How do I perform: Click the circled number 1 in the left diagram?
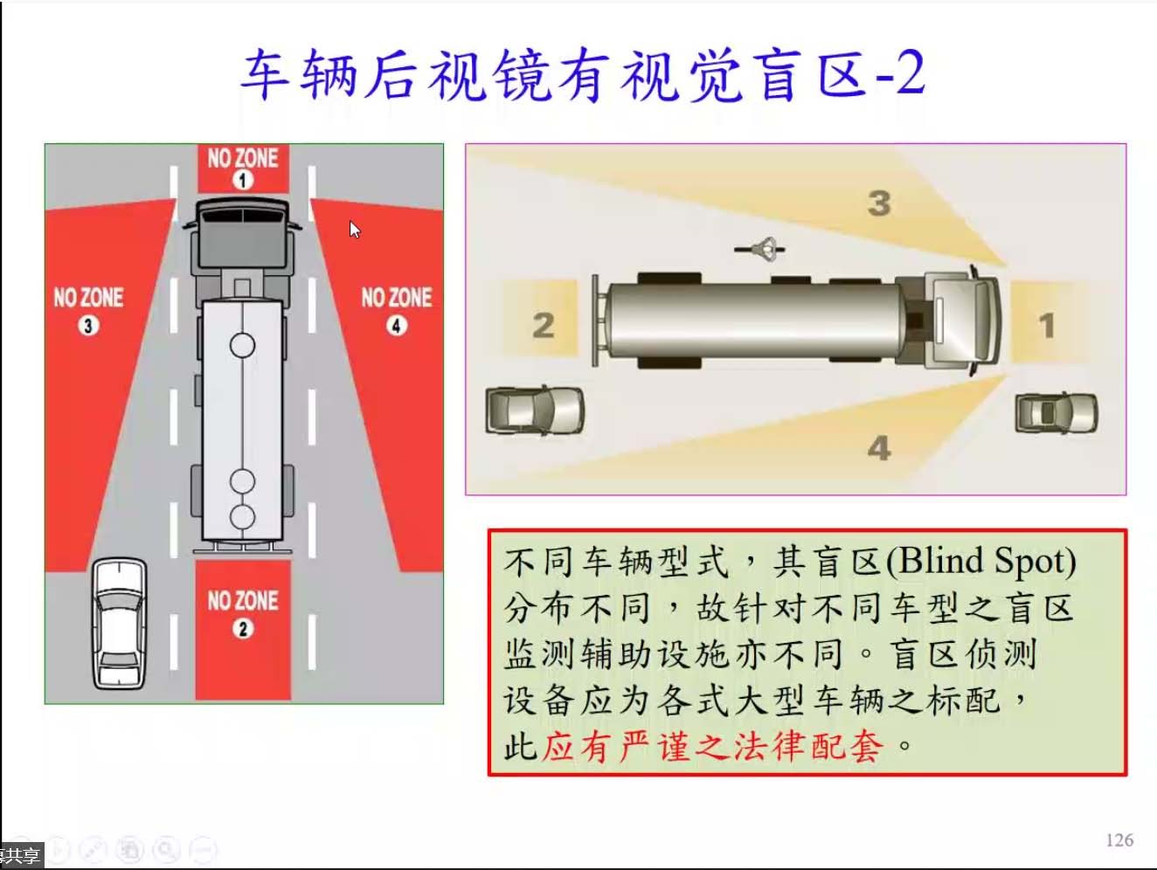243,180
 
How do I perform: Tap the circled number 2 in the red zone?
243,628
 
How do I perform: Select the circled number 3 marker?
88,326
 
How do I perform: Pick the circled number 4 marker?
397,326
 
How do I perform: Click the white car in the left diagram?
119,624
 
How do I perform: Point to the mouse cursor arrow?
355,230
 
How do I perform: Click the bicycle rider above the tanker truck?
760,249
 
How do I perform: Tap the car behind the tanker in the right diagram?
535,411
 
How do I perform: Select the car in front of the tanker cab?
1057,412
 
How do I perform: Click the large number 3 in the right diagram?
879,204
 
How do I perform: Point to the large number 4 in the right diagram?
879,448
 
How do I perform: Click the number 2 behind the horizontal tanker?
544,325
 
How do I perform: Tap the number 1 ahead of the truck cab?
1047,325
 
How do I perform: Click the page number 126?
1119,839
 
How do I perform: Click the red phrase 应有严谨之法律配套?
712,747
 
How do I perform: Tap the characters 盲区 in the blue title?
808,75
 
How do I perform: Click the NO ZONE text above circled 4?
397,298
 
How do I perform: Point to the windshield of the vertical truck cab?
243,216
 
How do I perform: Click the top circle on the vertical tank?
242,346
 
